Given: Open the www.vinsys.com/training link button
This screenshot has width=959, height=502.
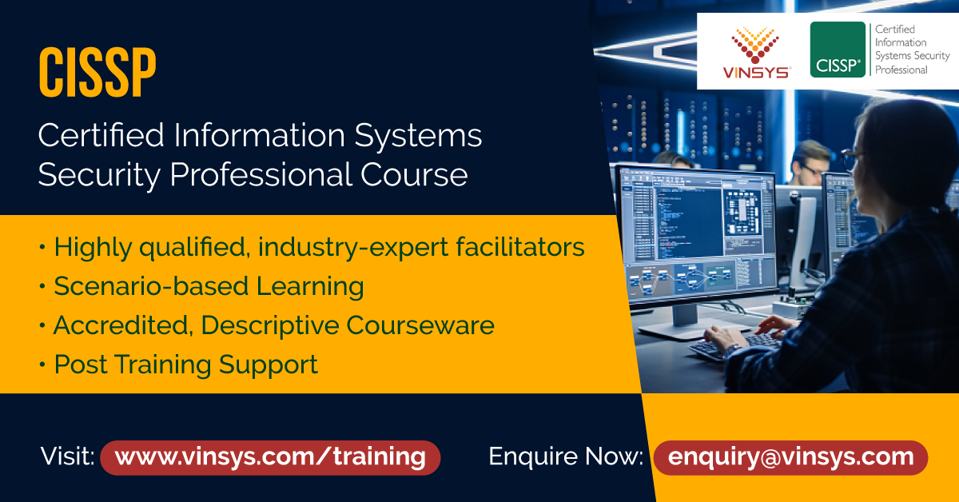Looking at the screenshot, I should [x=270, y=457].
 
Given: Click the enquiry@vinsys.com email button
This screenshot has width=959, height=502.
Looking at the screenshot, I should [x=790, y=457].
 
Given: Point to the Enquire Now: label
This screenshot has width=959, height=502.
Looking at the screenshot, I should [x=566, y=457].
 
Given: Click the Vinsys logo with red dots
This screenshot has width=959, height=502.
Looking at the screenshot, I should [x=755, y=53].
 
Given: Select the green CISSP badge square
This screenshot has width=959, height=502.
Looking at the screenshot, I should [x=838, y=50].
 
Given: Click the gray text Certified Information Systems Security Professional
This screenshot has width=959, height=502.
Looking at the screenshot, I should [x=912, y=50].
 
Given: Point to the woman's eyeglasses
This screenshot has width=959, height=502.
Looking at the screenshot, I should [x=850, y=156].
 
